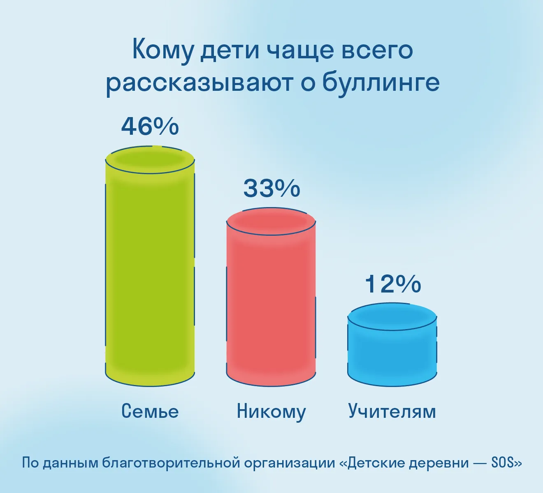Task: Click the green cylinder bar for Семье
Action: [x=150, y=266]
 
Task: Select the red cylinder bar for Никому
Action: [x=271, y=297]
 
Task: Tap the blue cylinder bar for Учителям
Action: [x=392, y=345]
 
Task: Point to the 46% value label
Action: [x=150, y=126]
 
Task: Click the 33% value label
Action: [x=271, y=188]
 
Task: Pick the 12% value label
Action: [x=393, y=284]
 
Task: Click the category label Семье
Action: [x=150, y=411]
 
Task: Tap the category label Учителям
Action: [x=392, y=411]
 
